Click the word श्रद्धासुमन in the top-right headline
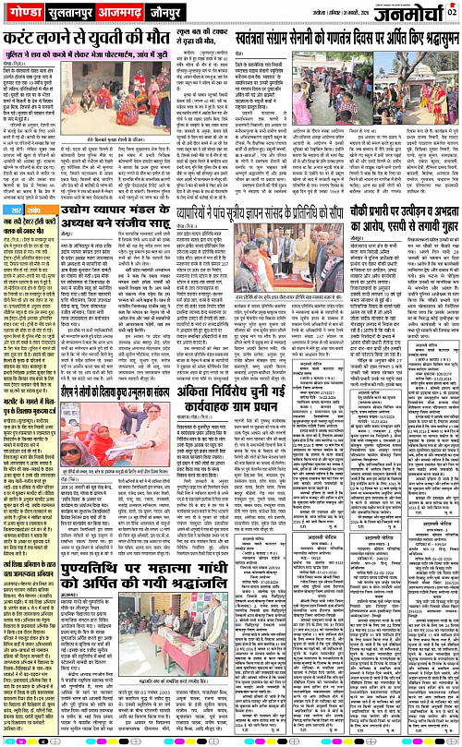pyautogui.click(x=430, y=40)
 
